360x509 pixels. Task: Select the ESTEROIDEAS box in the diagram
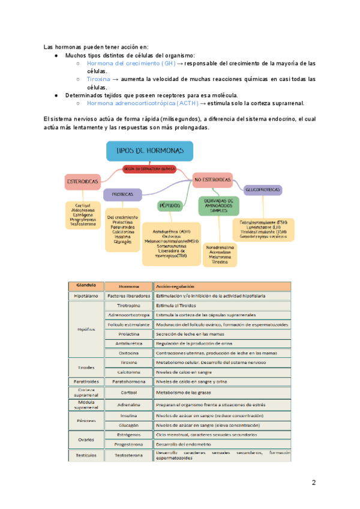pyautogui.click(x=82, y=181)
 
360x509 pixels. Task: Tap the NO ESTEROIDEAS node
pyautogui.click(x=213, y=179)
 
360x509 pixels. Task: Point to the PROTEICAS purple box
pyautogui.click(x=122, y=194)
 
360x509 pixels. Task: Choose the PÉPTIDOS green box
pyautogui.click(x=170, y=205)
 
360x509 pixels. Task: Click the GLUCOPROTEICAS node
pyautogui.click(x=263, y=190)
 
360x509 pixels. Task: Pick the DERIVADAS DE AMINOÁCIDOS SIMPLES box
pyautogui.click(x=218, y=205)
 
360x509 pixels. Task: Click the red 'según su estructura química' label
pyautogui.click(x=149, y=169)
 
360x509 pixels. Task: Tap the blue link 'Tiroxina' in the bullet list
pyautogui.click(x=98, y=79)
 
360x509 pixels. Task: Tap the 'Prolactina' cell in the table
pyautogui.click(x=129, y=334)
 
